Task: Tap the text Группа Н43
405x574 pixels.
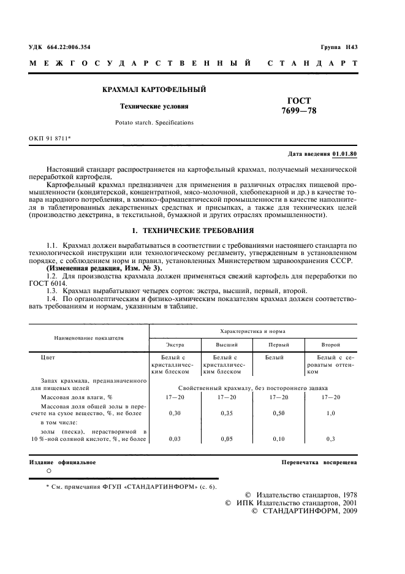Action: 339,47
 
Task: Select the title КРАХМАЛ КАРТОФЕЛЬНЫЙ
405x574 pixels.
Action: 153,90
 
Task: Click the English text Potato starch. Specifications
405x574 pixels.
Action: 154,123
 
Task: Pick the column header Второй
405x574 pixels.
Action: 331,345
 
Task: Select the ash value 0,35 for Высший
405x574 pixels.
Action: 227,413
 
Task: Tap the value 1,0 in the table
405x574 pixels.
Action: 331,413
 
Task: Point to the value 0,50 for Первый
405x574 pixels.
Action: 279,413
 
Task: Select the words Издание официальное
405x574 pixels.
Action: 62,462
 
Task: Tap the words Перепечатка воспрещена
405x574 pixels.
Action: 319,462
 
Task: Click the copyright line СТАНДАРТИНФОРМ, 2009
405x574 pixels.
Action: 305,511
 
